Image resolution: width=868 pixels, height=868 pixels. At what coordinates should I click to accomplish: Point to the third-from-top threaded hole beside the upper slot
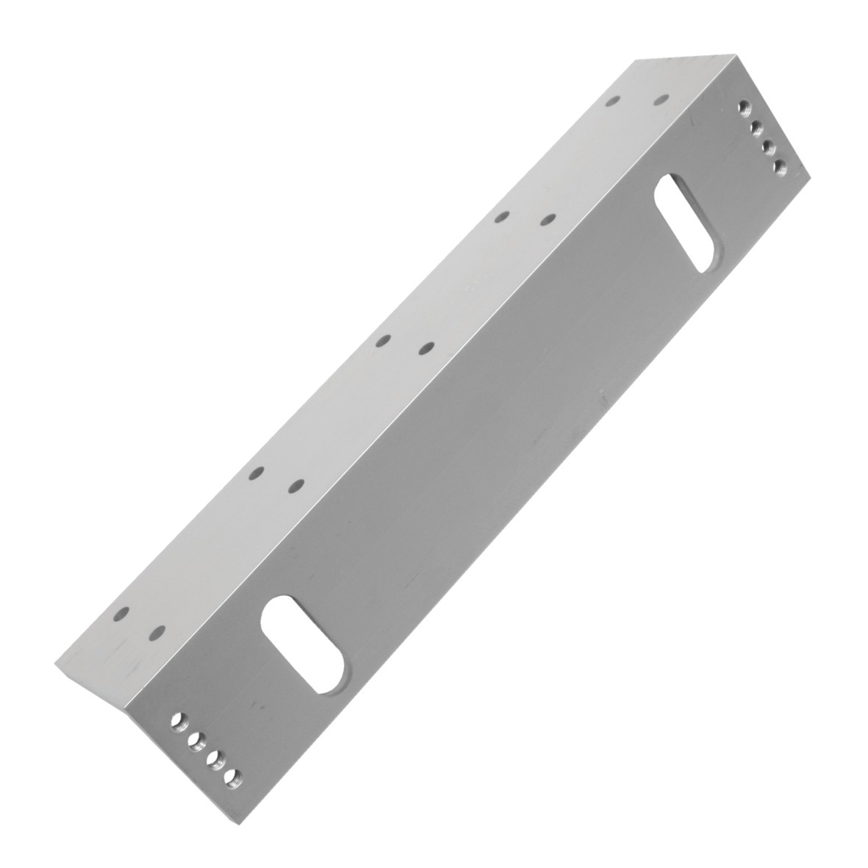[x=767, y=147]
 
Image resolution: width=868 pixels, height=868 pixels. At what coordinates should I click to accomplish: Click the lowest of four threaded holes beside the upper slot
[x=778, y=168]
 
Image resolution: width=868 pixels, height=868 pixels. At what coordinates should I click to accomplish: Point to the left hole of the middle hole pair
[x=381, y=341]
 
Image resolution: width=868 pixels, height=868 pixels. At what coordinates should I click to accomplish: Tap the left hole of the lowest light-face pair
[x=121, y=611]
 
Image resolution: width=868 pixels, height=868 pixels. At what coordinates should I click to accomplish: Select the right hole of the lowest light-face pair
[x=157, y=632]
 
